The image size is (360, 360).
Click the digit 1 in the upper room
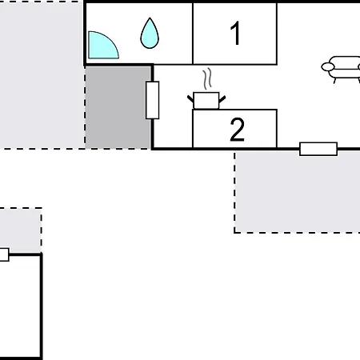235,34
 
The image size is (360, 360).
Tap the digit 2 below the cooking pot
237,130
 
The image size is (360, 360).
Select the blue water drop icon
150,33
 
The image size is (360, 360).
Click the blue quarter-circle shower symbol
100,47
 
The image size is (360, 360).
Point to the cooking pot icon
206,100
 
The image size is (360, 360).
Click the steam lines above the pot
208,80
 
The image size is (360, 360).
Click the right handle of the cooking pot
222,98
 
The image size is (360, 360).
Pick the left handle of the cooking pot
191,98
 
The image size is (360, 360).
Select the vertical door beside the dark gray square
152,100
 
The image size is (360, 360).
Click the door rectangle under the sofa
318,148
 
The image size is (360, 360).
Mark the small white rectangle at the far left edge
3,254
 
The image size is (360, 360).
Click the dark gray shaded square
118,106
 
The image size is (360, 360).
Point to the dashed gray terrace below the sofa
296,192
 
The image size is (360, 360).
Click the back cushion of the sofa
346,61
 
